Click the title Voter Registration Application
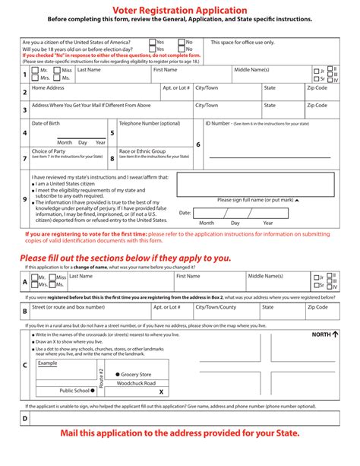(x=179, y=7)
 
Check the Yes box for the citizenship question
(x=151, y=43)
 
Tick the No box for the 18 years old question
(x=182, y=49)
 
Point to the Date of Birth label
(x=46, y=123)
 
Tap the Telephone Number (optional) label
(x=150, y=123)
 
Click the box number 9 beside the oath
(x=24, y=200)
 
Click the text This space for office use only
(x=243, y=43)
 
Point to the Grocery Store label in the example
(x=134, y=374)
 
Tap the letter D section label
(x=24, y=418)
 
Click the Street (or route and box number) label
(x=68, y=307)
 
